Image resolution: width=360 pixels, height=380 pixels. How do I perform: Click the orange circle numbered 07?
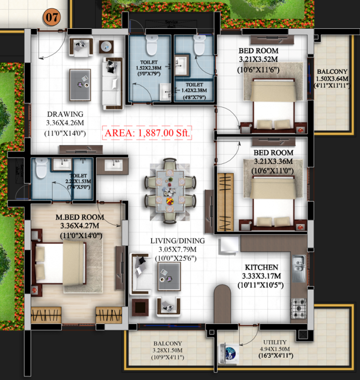coord(52,16)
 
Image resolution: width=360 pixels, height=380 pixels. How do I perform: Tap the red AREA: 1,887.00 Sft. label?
coord(147,133)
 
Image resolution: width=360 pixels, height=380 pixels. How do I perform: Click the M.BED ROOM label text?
coord(80,217)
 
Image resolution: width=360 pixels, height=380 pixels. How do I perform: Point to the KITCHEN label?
coord(260,267)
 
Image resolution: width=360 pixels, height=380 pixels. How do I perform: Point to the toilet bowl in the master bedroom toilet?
coord(41,169)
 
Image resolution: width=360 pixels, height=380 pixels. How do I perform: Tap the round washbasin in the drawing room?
coord(106,47)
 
